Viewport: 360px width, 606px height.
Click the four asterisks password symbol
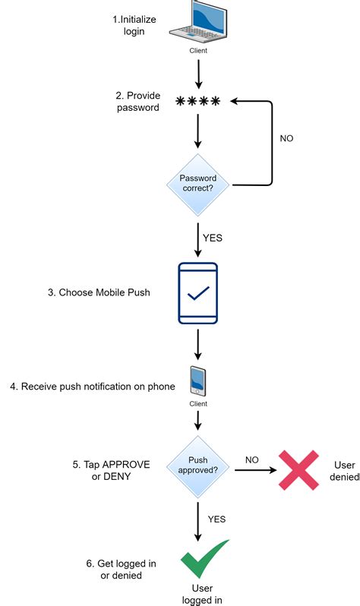(x=197, y=102)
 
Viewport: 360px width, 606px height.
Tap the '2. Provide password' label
(x=138, y=101)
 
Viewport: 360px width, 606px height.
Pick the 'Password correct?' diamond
(x=197, y=184)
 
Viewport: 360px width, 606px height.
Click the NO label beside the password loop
(x=286, y=138)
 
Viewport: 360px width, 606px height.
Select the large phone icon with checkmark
(x=197, y=292)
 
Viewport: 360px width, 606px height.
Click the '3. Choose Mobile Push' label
(x=99, y=292)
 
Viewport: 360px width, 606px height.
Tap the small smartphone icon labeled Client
(x=197, y=381)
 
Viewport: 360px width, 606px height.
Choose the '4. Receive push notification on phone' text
(x=93, y=387)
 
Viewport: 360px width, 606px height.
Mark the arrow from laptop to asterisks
(x=197, y=74)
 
